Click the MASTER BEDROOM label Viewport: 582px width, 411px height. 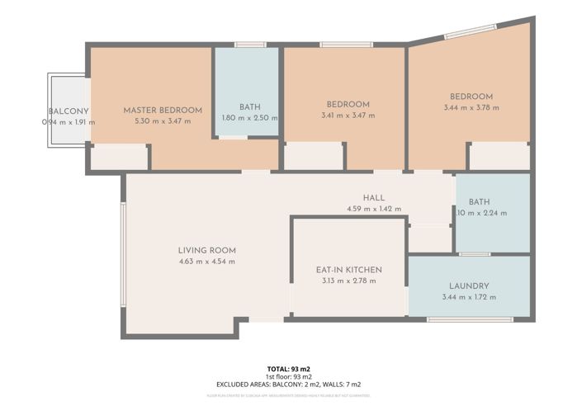point(163,110)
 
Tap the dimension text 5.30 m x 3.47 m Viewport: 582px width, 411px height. point(163,121)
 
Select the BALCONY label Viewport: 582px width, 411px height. point(63,111)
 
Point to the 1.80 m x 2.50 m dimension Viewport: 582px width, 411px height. point(249,118)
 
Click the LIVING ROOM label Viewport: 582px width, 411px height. point(206,250)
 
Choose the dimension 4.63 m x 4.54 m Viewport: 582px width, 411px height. point(206,262)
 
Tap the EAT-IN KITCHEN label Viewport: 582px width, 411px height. point(348,269)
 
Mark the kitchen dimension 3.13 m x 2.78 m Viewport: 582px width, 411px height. point(348,281)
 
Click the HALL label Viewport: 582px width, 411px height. point(374,198)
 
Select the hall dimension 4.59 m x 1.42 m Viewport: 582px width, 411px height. point(374,209)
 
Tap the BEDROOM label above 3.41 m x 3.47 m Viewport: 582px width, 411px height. point(347,104)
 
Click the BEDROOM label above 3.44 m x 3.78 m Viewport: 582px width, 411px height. point(471,96)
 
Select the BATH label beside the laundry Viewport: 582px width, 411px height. point(479,201)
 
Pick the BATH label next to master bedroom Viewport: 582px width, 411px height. point(249,106)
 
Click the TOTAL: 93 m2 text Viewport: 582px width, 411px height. point(288,368)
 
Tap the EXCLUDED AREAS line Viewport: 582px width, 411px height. point(288,385)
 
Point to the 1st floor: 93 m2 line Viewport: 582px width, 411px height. point(288,376)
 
